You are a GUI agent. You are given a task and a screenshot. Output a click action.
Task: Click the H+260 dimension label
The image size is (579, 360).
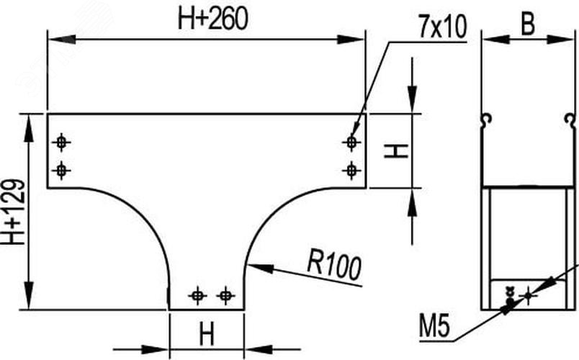[212, 19]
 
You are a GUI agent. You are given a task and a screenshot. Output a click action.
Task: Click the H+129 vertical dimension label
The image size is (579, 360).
[13, 212]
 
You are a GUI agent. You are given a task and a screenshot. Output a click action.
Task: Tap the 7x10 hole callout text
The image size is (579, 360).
[442, 27]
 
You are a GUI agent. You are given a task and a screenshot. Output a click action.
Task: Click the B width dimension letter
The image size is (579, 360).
[527, 25]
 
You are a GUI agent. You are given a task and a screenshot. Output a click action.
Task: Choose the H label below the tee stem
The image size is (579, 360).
[207, 334]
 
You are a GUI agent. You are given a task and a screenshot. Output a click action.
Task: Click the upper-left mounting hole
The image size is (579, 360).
[61, 142]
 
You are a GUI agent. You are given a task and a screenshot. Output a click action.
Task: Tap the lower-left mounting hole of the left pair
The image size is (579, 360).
[61, 171]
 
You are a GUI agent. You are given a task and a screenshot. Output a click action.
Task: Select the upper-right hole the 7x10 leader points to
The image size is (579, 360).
[351, 142]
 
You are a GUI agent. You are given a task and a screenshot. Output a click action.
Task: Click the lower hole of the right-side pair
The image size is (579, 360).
[351, 171]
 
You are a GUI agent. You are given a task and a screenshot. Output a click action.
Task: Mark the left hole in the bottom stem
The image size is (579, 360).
[197, 295]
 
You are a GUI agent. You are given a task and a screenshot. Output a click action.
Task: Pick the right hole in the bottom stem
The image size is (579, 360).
[225, 295]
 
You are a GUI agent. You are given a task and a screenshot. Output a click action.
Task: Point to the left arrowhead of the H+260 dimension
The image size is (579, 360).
[62, 39]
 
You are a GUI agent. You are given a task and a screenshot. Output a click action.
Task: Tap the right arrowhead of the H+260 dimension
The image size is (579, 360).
[351, 39]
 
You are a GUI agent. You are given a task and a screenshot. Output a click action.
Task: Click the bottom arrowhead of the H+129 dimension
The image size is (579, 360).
[29, 295]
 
